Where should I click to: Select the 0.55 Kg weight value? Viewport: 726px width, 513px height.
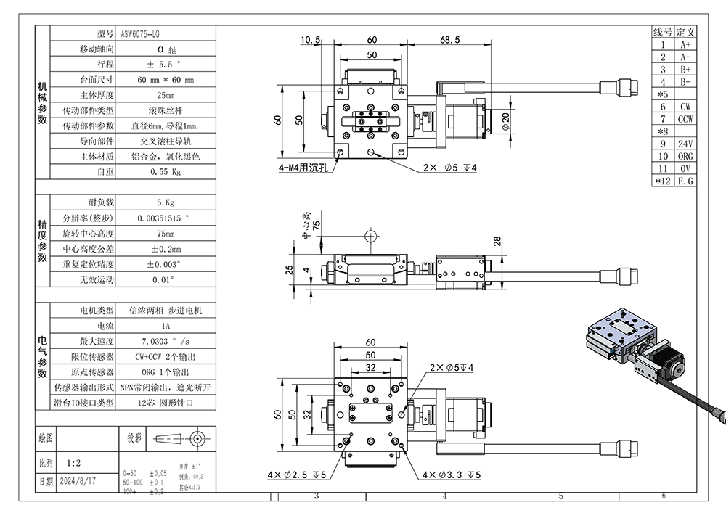click(165, 172)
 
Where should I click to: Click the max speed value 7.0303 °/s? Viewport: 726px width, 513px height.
click(166, 341)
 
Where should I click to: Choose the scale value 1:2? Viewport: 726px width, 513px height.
click(73, 461)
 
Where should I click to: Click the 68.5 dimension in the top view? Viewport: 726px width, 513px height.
click(449, 41)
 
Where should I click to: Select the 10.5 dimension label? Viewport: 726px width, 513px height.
click(309, 41)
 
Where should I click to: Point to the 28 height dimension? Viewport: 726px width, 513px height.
click(497, 242)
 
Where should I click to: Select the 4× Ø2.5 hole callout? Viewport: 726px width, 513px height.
click(297, 475)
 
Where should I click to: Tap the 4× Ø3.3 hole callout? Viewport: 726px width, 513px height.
click(452, 475)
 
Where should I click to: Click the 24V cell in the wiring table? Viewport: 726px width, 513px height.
click(685, 144)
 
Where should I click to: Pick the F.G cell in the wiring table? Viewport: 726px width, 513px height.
click(685, 181)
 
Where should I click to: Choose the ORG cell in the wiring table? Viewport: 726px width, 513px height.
click(685, 156)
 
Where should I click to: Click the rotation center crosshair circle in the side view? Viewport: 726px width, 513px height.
click(372, 237)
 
